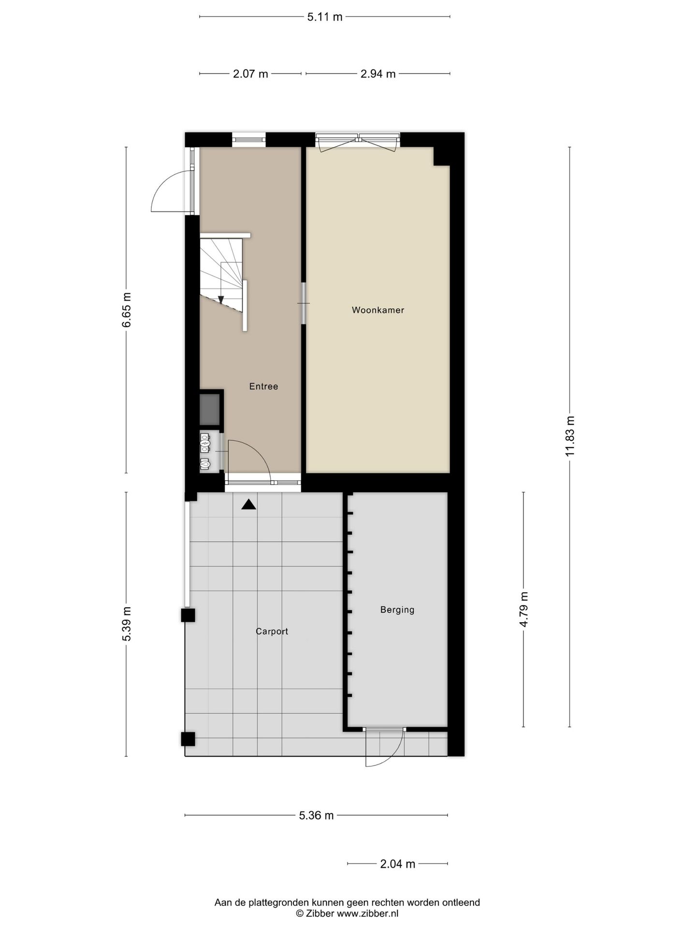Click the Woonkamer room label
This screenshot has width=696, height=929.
click(377, 310)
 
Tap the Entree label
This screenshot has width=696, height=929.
click(263, 386)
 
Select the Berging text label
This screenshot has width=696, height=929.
click(397, 610)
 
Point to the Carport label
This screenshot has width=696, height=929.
click(272, 631)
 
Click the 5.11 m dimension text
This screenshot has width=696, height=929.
click(325, 17)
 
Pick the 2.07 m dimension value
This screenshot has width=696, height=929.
click(250, 74)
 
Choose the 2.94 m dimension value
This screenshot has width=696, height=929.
click(378, 74)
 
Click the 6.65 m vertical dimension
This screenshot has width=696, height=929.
click(127, 310)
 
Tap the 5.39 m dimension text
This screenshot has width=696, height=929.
click(127, 624)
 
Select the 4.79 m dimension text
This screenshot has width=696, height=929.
click(524, 609)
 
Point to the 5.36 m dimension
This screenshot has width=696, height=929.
click(316, 815)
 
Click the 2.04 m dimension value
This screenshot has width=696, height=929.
click(397, 864)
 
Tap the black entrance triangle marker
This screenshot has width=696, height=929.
click(248, 505)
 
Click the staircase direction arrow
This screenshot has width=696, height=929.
click(221, 300)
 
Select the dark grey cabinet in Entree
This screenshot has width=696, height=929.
click(210, 409)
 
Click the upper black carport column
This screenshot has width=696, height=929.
click(188, 615)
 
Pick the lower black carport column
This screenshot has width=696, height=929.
click(188, 739)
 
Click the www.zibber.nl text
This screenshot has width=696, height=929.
click(367, 914)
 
